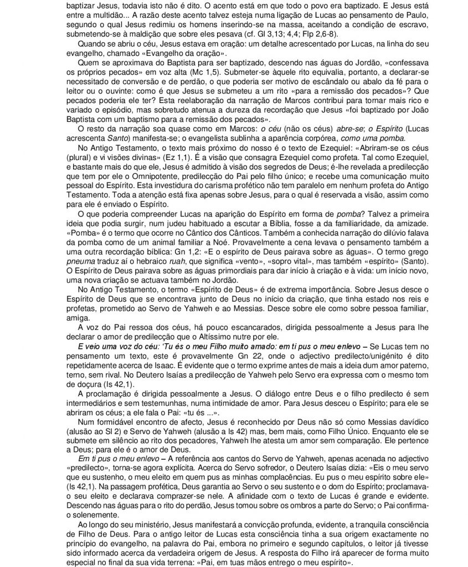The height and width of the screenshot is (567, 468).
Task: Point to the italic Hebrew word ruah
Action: (x=174, y=270)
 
